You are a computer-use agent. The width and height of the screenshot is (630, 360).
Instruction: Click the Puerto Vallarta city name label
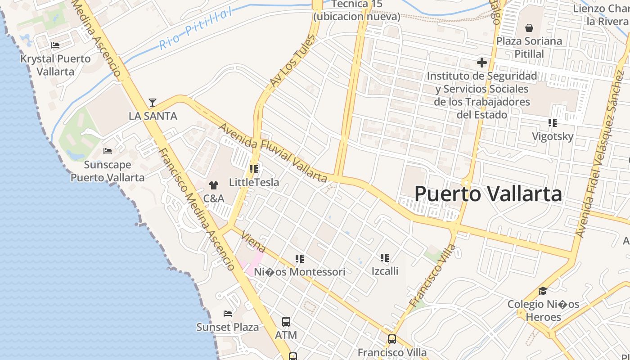pyautogui.click(x=488, y=194)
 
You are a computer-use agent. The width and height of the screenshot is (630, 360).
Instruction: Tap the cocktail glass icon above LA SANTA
pyautogui.click(x=153, y=103)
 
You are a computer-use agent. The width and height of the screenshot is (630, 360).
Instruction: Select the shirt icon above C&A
pyautogui.click(x=214, y=185)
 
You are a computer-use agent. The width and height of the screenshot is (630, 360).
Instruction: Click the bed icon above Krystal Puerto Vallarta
pyautogui.click(x=55, y=45)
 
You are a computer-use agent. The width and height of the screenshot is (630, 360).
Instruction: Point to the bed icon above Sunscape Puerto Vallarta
pyautogui.click(x=108, y=151)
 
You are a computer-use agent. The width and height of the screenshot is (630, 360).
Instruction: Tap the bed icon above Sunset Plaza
pyautogui.click(x=228, y=314)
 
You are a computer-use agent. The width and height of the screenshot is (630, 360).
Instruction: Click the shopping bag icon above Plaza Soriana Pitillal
pyautogui.click(x=529, y=28)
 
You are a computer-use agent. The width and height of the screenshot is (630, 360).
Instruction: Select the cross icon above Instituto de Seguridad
pyautogui.click(x=482, y=63)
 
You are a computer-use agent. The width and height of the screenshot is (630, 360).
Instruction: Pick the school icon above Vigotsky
pyautogui.click(x=553, y=123)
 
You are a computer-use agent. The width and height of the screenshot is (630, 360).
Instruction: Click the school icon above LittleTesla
pyautogui.click(x=254, y=169)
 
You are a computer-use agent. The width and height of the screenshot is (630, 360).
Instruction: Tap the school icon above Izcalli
pyautogui.click(x=385, y=258)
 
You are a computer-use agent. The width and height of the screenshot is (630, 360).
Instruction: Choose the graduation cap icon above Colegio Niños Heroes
pyautogui.click(x=543, y=291)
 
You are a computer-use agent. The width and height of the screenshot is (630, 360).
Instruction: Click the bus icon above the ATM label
pyautogui.click(x=286, y=322)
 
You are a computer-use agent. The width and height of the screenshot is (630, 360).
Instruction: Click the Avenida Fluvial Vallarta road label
pyautogui.click(x=273, y=153)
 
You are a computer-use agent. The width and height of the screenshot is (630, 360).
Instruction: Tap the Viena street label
pyautogui.click(x=253, y=242)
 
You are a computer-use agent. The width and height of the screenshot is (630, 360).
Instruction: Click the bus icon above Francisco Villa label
pyautogui.click(x=392, y=339)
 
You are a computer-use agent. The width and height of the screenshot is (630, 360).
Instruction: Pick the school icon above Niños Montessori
pyautogui.click(x=300, y=259)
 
